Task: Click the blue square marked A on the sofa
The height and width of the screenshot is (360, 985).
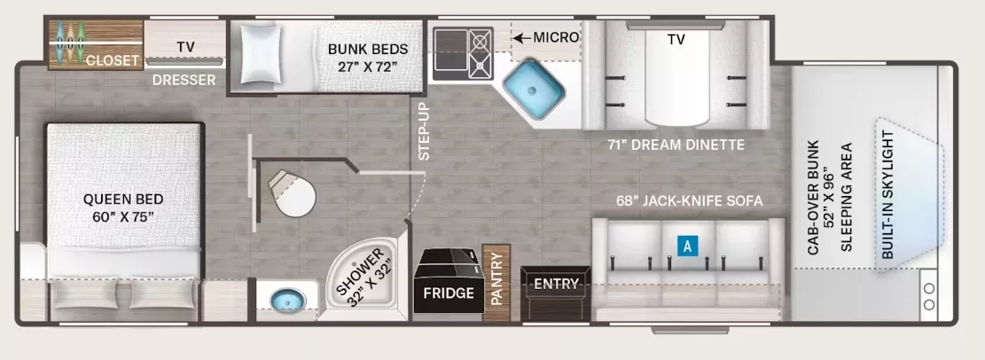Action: (x=686, y=247)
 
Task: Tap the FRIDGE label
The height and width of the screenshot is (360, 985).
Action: (x=447, y=293)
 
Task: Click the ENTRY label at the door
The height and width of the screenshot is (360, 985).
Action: (x=555, y=285)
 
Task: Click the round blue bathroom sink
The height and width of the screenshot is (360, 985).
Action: (x=285, y=299)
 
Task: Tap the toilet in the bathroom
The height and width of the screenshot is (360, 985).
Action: (x=293, y=192)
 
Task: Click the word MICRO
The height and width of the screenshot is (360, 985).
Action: (x=556, y=37)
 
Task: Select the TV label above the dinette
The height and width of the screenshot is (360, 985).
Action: (x=676, y=39)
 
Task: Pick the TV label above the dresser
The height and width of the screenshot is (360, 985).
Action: (x=185, y=46)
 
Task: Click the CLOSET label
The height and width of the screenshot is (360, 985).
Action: (x=113, y=60)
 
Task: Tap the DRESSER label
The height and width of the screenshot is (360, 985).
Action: (x=184, y=80)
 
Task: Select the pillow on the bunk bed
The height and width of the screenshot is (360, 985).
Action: (x=262, y=55)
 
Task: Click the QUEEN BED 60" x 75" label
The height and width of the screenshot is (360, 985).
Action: (x=123, y=207)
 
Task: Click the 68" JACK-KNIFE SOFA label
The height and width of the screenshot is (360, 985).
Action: (x=689, y=200)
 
